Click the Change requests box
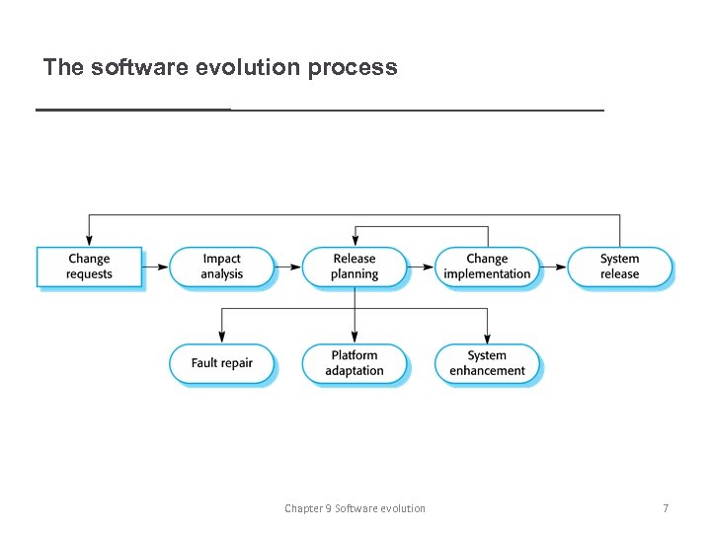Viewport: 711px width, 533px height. coord(89,266)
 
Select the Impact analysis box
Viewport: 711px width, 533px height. coord(221,266)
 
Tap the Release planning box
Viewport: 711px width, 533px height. coord(355,266)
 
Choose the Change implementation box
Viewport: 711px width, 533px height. coord(487,266)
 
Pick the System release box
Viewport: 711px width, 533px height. coord(620,266)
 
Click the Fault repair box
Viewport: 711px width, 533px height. coord(221,363)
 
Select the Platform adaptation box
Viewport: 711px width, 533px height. coord(355,363)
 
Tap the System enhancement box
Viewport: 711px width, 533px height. coord(487,363)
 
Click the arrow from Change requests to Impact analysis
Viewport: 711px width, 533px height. coord(155,266)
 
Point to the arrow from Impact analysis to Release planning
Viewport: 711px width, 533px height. coord(287,266)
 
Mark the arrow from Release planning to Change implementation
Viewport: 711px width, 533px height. coord(421,266)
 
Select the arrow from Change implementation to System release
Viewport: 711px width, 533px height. coord(554,266)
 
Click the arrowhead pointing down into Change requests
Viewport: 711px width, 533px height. coord(89,240)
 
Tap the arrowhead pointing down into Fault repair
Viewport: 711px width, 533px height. coord(221,337)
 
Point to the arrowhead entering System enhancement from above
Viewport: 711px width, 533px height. coord(487,337)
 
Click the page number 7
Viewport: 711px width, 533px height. coord(665,508)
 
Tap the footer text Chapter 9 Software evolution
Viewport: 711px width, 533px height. coord(355,508)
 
